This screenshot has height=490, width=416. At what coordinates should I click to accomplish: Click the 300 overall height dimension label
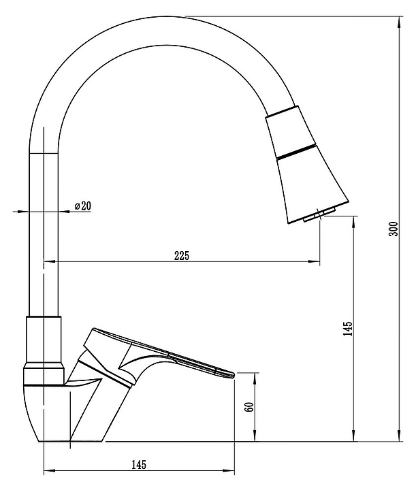394,229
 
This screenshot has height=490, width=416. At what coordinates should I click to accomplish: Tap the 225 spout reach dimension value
182,255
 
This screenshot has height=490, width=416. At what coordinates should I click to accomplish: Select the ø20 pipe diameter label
83,206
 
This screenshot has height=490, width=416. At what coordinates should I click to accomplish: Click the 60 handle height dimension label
251,407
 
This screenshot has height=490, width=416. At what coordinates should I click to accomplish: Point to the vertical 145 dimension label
348,329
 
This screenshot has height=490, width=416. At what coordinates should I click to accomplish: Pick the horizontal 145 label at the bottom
139,465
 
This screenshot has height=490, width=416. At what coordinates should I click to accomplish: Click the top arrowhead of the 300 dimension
399,22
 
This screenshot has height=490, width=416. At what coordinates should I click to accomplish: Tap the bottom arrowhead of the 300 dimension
399,436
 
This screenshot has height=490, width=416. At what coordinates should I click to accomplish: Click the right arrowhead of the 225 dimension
314,261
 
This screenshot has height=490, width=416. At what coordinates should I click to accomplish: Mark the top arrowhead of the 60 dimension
255,378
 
